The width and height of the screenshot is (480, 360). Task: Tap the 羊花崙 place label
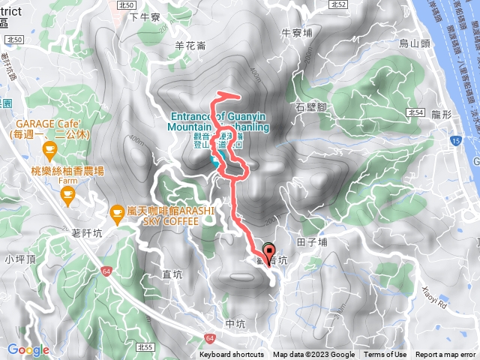[x=190, y=46]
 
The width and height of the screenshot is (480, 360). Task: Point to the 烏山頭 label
[x=415, y=44]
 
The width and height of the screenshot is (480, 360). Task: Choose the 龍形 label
[x=442, y=114]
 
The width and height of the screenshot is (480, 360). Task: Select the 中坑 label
[x=235, y=324]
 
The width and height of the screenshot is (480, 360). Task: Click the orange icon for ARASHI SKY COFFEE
[x=117, y=214]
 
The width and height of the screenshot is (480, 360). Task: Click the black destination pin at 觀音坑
[x=268, y=252]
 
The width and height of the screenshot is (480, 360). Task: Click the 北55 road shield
[x=146, y=347]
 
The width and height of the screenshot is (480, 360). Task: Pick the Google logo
[x=28, y=349]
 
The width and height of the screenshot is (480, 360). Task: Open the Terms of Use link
[x=385, y=355]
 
